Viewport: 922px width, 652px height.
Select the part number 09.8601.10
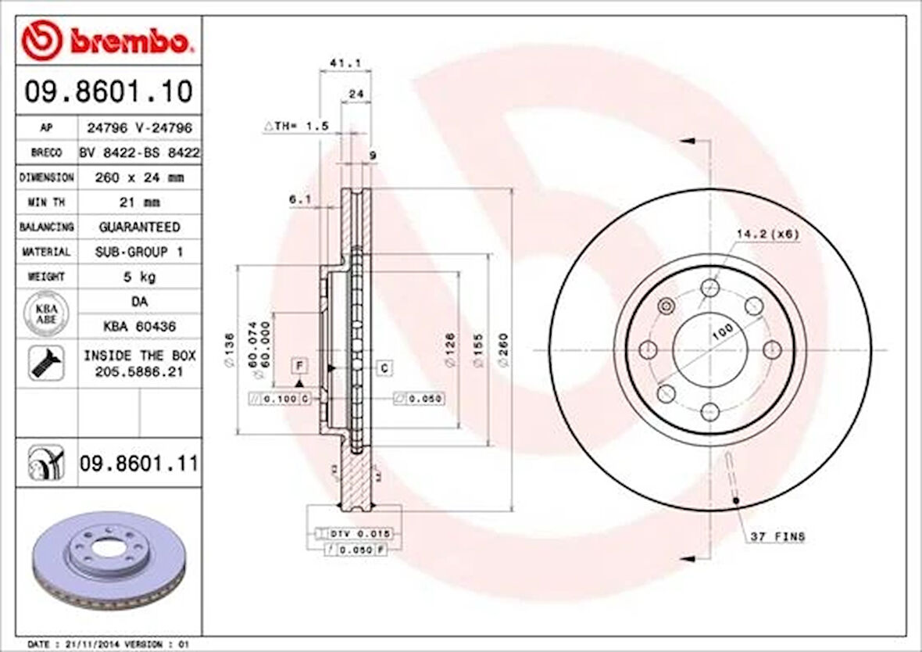point(108,92)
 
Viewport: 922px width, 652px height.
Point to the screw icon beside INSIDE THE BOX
point(46,363)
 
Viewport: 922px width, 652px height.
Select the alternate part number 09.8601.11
point(138,464)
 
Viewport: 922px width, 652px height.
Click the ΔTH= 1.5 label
point(296,126)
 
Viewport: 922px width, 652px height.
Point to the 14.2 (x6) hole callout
point(767,234)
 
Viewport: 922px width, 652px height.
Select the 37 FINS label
point(777,536)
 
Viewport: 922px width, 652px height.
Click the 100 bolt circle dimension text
point(722,332)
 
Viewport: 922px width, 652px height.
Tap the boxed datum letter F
point(298,364)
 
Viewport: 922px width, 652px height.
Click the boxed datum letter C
point(385,367)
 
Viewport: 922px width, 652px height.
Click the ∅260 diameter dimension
point(503,350)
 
